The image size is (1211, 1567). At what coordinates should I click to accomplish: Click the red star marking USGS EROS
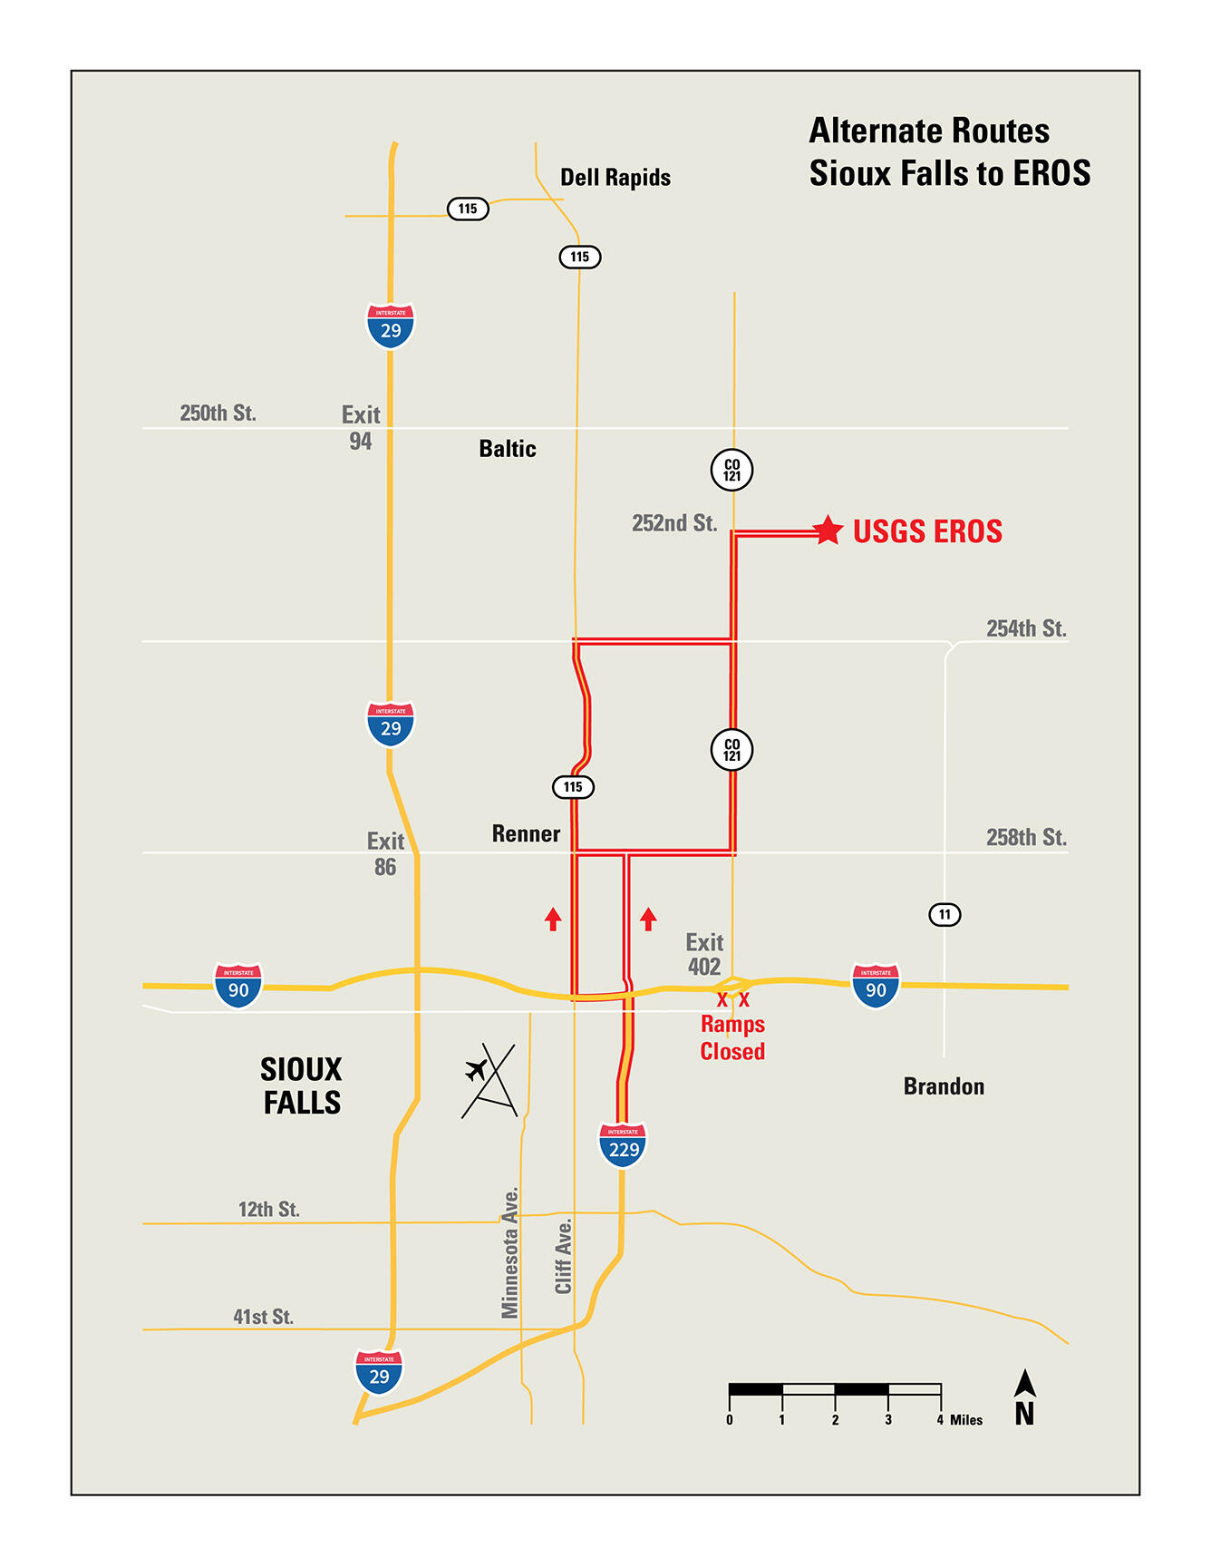click(x=827, y=530)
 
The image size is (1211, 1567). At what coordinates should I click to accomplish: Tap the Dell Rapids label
click(x=615, y=178)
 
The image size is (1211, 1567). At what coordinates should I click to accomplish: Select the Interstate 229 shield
click(x=623, y=1145)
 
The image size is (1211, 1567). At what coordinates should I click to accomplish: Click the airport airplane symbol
click(x=476, y=1070)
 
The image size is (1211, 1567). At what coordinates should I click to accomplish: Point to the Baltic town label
click(x=508, y=449)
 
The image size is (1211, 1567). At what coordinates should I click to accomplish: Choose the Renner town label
click(x=526, y=834)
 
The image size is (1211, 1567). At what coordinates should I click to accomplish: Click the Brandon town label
click(x=944, y=1086)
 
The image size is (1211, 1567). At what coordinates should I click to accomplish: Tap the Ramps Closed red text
click(x=732, y=1038)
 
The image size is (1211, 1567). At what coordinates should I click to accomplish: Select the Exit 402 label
click(x=704, y=955)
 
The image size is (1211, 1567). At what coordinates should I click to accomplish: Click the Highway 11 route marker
click(x=945, y=914)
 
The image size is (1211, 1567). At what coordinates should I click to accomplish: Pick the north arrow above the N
click(x=1025, y=1384)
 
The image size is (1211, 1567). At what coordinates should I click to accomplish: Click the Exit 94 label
click(x=361, y=428)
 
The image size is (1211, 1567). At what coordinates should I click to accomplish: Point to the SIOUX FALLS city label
click(x=301, y=1086)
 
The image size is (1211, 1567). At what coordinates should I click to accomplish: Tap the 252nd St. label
click(x=674, y=523)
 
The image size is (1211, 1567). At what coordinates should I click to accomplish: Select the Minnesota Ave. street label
click(x=510, y=1252)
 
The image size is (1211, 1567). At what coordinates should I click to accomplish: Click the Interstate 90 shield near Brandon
click(x=876, y=986)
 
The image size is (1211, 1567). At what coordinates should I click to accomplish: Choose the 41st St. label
click(x=264, y=1317)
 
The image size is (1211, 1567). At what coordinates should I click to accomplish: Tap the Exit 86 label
click(x=385, y=854)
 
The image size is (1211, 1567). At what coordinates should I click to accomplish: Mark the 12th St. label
click(x=269, y=1210)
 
